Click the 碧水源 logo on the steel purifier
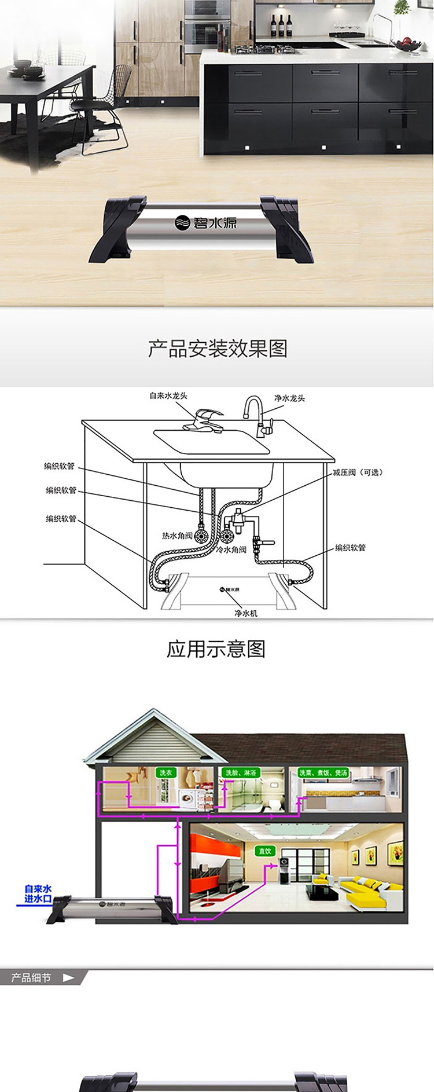[206, 222]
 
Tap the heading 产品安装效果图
[218, 349]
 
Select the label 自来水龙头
[168, 396]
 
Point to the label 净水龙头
[289, 398]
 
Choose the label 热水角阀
[177, 536]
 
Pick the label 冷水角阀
[231, 549]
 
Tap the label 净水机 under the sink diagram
[246, 613]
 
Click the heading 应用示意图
[216, 649]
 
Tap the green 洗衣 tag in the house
[165, 772]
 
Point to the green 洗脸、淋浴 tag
[240, 772]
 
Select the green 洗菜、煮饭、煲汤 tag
[323, 772]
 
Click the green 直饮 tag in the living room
[265, 851]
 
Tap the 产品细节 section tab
[32, 977]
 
